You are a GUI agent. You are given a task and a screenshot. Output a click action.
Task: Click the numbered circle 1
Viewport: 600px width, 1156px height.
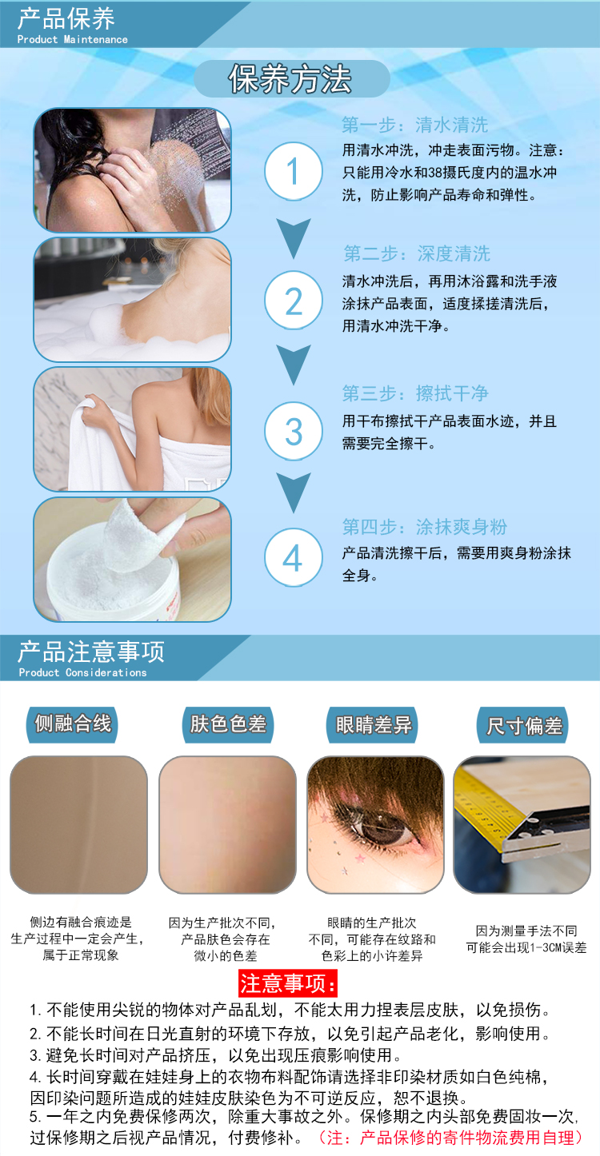pyautogui.click(x=294, y=171)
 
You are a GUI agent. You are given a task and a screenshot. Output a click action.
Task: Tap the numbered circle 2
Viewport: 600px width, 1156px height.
pyautogui.click(x=294, y=301)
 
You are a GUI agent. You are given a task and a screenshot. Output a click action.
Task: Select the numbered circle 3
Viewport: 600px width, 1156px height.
pyautogui.click(x=294, y=432)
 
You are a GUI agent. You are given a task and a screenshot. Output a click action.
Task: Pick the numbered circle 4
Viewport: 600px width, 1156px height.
pyautogui.click(x=294, y=557)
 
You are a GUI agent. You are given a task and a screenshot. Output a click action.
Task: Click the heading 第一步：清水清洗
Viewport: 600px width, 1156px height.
pyautogui.click(x=414, y=125)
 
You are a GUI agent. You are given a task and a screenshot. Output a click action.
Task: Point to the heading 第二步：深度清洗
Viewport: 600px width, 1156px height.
pyautogui.click(x=417, y=253)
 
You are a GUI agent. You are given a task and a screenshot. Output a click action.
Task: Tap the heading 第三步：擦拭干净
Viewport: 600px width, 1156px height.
pyautogui.click(x=415, y=393)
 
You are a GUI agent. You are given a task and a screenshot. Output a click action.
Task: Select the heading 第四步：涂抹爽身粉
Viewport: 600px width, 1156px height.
pyautogui.click(x=425, y=527)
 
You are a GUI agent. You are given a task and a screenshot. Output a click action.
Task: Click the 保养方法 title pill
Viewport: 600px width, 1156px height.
pyautogui.click(x=292, y=79)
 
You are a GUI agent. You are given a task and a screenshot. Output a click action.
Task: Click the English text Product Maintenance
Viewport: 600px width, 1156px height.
pyautogui.click(x=72, y=40)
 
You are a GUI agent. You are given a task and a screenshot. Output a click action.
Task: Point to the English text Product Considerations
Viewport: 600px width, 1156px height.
pyautogui.click(x=82, y=672)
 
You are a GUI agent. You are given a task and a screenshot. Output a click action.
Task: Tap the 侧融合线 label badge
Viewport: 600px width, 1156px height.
pyautogui.click(x=72, y=724)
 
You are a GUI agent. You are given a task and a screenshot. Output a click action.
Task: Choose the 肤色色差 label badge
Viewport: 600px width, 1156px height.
pyautogui.click(x=228, y=724)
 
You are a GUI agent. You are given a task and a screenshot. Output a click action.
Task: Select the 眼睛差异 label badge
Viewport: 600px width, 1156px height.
pyautogui.click(x=373, y=724)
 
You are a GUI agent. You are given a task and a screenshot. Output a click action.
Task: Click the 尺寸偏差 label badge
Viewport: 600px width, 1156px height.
pyautogui.click(x=523, y=725)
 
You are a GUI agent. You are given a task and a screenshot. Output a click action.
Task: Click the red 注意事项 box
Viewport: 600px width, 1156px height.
pyautogui.click(x=288, y=983)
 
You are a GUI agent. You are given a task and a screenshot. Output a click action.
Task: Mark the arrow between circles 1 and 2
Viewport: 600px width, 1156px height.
pyautogui.click(x=294, y=238)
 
